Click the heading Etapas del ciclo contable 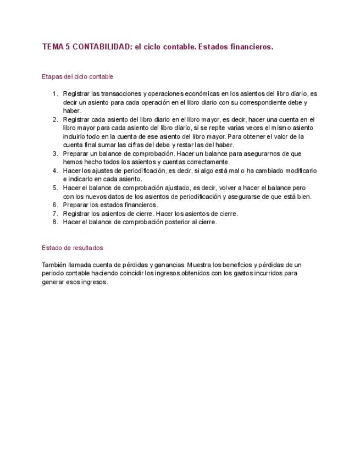click(x=77, y=76)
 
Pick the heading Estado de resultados click(x=72, y=248)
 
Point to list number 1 click(x=55, y=94)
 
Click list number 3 click(x=55, y=154)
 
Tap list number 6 click(x=55, y=205)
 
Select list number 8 click(x=55, y=222)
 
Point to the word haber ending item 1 click(x=71, y=110)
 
